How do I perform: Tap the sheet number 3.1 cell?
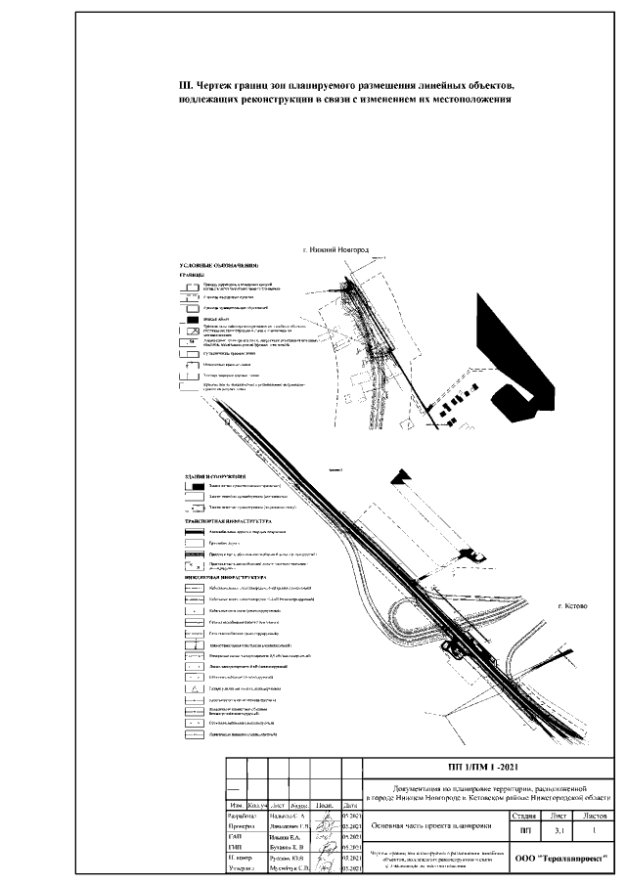(x=559, y=829)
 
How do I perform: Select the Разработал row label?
(x=242, y=814)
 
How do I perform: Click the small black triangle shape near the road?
(x=399, y=476)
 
